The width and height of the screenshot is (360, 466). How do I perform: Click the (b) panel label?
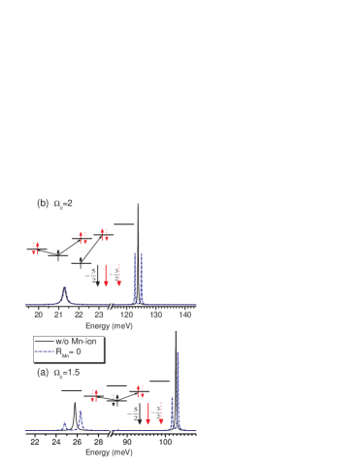pos(42,205)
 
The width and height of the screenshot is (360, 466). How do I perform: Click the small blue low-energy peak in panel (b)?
pos(65,289)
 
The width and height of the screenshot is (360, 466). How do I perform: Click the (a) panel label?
pos(42,372)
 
